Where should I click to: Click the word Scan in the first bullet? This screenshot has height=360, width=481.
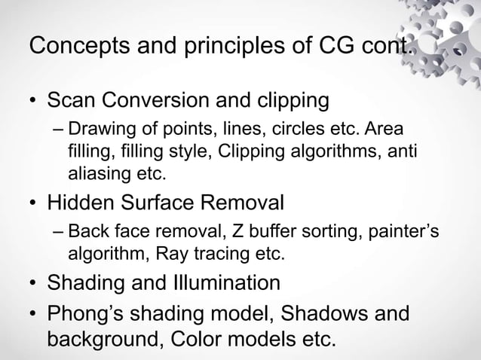coord(71,99)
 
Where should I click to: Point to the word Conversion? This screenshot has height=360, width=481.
coord(158,99)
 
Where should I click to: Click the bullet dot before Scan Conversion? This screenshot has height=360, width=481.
coord(33,101)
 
